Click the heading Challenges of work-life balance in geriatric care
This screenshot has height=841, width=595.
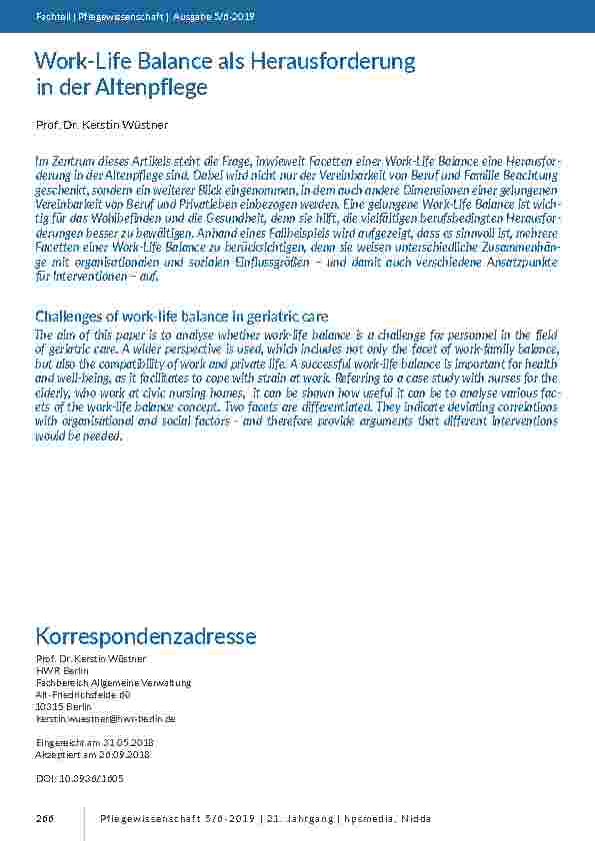point(182,317)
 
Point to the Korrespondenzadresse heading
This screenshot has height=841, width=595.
point(146,636)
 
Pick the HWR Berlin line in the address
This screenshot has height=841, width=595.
point(62,670)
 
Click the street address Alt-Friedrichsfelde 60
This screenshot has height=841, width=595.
point(83,694)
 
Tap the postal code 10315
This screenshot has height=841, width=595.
point(50,706)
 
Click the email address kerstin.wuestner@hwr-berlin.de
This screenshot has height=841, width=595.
point(106,718)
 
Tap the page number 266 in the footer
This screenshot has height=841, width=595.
point(44,819)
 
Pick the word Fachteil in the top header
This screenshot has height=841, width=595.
point(50,16)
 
